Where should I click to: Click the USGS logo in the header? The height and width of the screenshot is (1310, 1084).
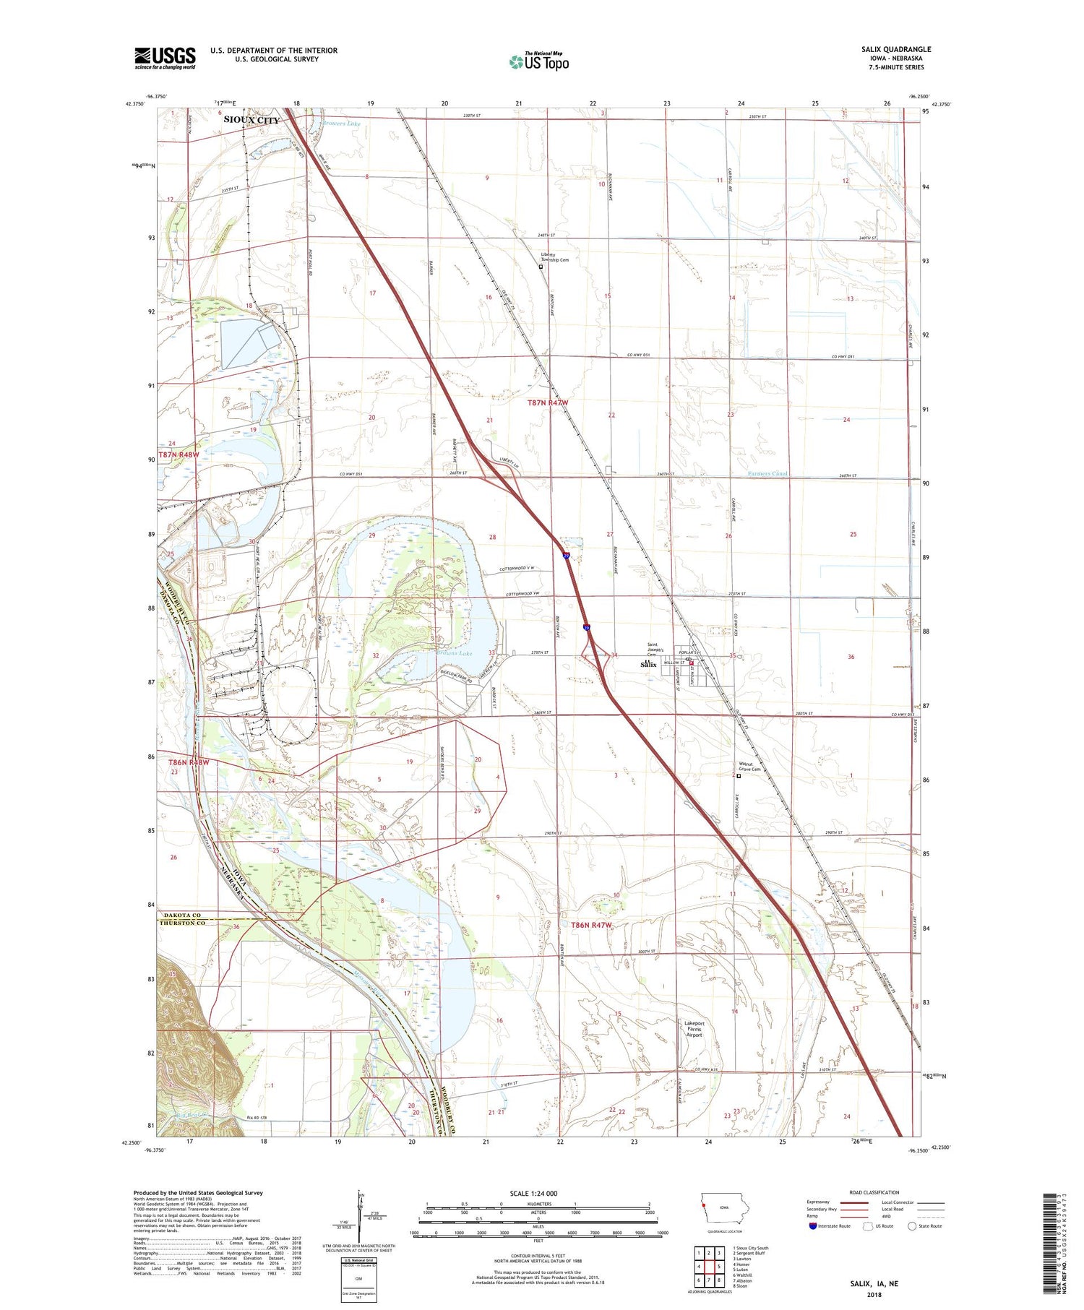click(x=165, y=58)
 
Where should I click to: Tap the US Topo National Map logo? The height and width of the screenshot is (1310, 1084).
click(x=538, y=61)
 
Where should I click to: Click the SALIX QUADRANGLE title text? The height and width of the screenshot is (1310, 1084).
click(x=896, y=49)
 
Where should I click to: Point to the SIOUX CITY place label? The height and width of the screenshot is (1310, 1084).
click(x=251, y=120)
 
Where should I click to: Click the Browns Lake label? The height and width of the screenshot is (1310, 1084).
click(x=454, y=653)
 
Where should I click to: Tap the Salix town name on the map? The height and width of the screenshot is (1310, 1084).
click(x=648, y=664)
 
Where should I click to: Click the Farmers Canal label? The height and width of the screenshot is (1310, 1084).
click(x=767, y=473)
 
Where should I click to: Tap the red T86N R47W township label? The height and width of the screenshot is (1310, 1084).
click(x=591, y=925)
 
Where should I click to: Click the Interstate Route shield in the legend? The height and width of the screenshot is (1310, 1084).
click(x=813, y=1226)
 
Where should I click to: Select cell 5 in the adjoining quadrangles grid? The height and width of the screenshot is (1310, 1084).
click(x=719, y=1266)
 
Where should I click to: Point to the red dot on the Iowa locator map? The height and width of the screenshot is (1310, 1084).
click(x=703, y=1205)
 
